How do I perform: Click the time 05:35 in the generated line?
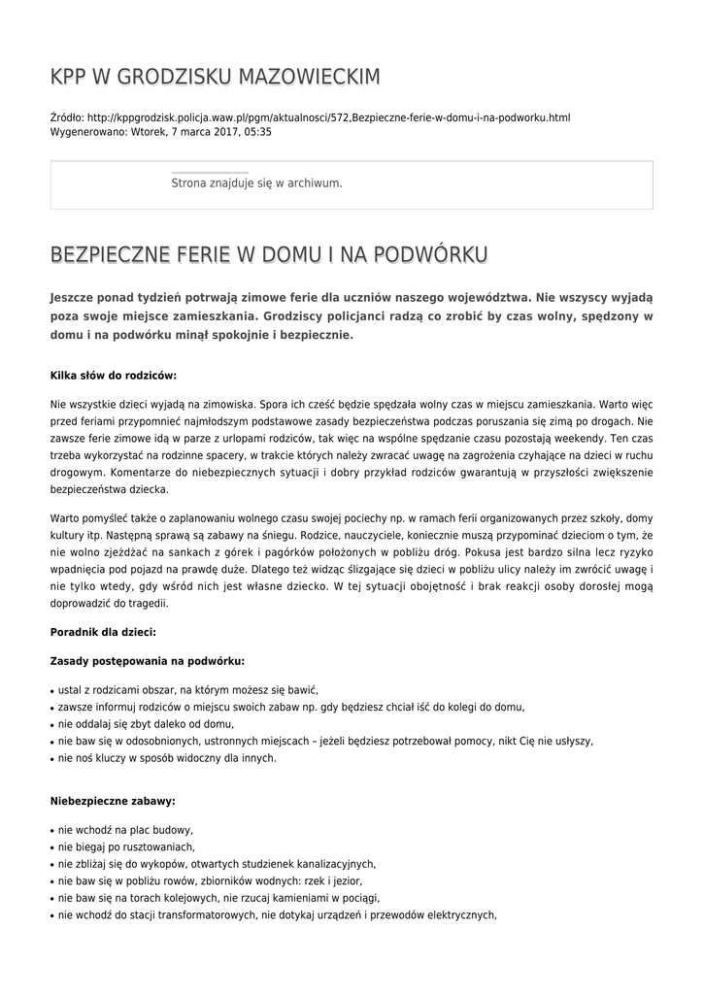(x=258, y=132)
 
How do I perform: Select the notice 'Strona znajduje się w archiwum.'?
(x=256, y=182)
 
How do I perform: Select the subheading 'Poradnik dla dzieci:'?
(x=102, y=632)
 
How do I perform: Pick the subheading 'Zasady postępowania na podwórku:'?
(x=147, y=661)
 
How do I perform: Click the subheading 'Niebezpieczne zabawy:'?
(x=112, y=802)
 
